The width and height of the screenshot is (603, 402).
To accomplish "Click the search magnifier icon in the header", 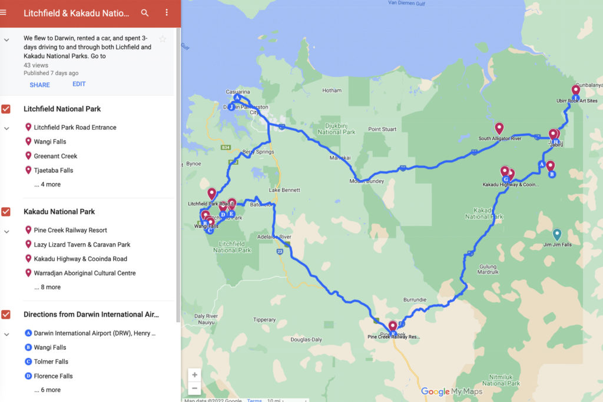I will tap(145, 12).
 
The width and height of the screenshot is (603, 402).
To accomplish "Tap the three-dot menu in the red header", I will tap(167, 12).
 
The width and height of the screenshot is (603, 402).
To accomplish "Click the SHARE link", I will tap(39, 85).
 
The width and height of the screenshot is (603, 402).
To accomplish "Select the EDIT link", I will tap(79, 84).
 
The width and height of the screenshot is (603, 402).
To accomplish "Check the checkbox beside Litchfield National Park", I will tap(6, 109).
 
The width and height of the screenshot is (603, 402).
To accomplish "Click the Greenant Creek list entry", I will tap(55, 156).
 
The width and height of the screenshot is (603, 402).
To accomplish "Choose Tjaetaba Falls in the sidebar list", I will tap(53, 170).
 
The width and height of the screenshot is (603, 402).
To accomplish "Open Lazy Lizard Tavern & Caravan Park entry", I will tap(82, 244).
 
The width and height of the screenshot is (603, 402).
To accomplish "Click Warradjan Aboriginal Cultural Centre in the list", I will tap(85, 273).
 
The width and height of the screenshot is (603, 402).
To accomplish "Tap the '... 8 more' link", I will tap(47, 287).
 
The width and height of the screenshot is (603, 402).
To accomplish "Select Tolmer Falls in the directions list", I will tap(51, 361).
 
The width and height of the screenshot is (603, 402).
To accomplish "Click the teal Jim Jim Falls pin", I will tap(557, 234).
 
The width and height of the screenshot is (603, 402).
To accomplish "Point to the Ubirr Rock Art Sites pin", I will tap(576, 91).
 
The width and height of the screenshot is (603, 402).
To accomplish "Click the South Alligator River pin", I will tap(499, 128).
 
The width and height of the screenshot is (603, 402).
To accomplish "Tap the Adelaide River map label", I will tap(274, 237).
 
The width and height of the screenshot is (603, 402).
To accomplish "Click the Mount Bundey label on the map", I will tap(366, 181).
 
